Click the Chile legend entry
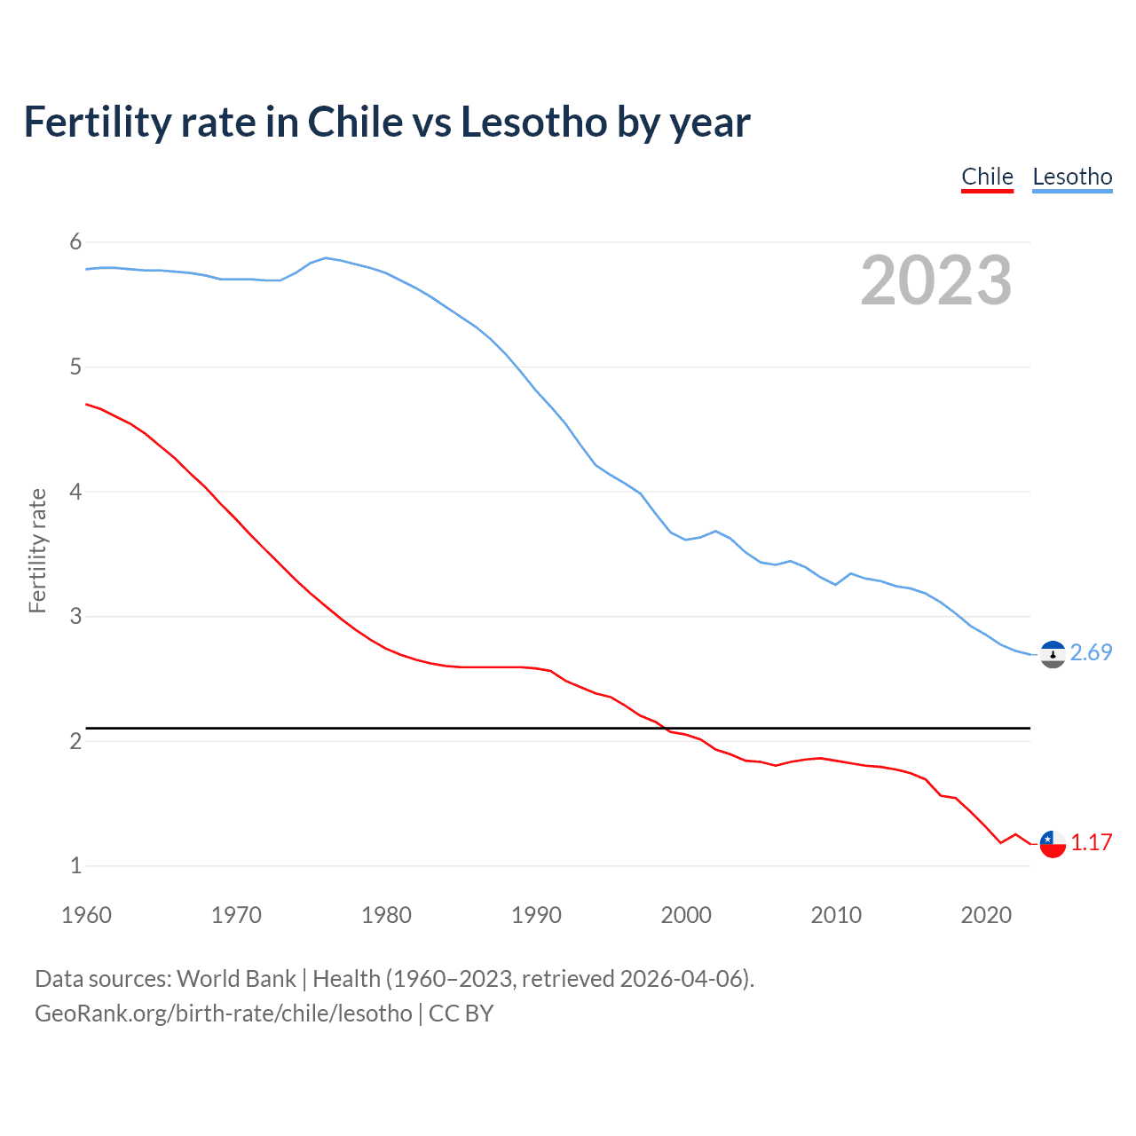(x=987, y=177)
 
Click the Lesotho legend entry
(x=1072, y=177)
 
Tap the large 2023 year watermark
(x=935, y=280)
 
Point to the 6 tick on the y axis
(x=75, y=241)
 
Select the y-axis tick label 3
(x=75, y=616)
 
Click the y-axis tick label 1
(x=75, y=865)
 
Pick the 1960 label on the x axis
(x=86, y=915)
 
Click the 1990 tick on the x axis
(x=536, y=915)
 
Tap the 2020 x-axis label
(x=986, y=915)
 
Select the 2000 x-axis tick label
(x=686, y=915)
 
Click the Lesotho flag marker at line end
(x=1053, y=655)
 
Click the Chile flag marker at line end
(x=1053, y=844)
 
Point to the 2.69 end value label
(x=1091, y=653)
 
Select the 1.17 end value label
(x=1091, y=843)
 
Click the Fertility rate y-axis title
(x=37, y=550)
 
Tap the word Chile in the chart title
(x=354, y=122)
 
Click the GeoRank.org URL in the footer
(x=224, y=1014)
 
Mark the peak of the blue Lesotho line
(x=326, y=257)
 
